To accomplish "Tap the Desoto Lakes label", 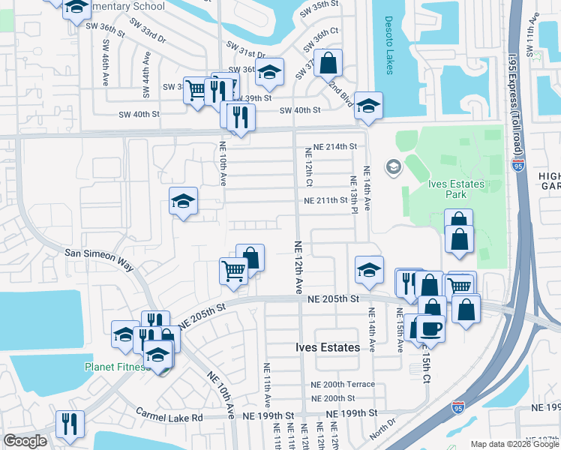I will [x=388, y=45].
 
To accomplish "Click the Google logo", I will [x=25, y=441].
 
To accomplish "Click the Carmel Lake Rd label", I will [x=169, y=415].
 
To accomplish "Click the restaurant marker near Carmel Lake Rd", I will [x=69, y=423].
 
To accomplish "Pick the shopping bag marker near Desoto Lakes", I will [x=328, y=63].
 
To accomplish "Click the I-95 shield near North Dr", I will [x=457, y=408].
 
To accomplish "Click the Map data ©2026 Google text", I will [x=515, y=444].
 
